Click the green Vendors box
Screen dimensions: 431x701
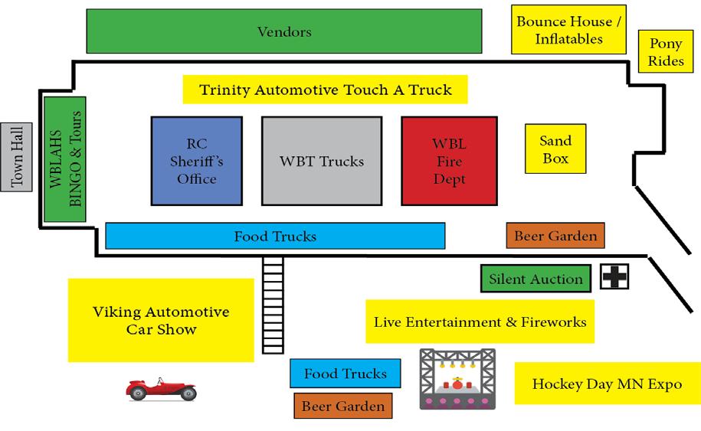coord(284,31)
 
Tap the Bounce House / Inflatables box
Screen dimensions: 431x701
coord(568,30)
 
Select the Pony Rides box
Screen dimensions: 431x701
coord(666,53)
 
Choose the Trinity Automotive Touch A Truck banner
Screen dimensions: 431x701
coord(325,90)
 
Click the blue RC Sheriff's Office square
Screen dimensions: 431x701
coord(197,162)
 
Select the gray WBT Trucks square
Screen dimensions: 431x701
coord(322,162)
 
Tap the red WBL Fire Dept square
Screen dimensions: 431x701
coord(449,162)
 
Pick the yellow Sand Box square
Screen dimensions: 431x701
coord(555,149)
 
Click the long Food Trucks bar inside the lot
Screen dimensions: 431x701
coord(275,236)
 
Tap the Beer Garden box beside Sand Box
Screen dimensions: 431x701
coord(555,236)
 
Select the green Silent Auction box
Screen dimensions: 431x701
coord(536,279)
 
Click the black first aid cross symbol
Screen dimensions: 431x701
coord(615,277)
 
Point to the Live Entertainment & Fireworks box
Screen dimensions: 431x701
coord(480,322)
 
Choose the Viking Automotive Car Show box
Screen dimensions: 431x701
coord(161,321)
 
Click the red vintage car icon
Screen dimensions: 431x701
coord(160,388)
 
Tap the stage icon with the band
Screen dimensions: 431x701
coord(457,378)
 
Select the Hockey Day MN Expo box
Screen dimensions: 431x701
coord(607,384)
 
